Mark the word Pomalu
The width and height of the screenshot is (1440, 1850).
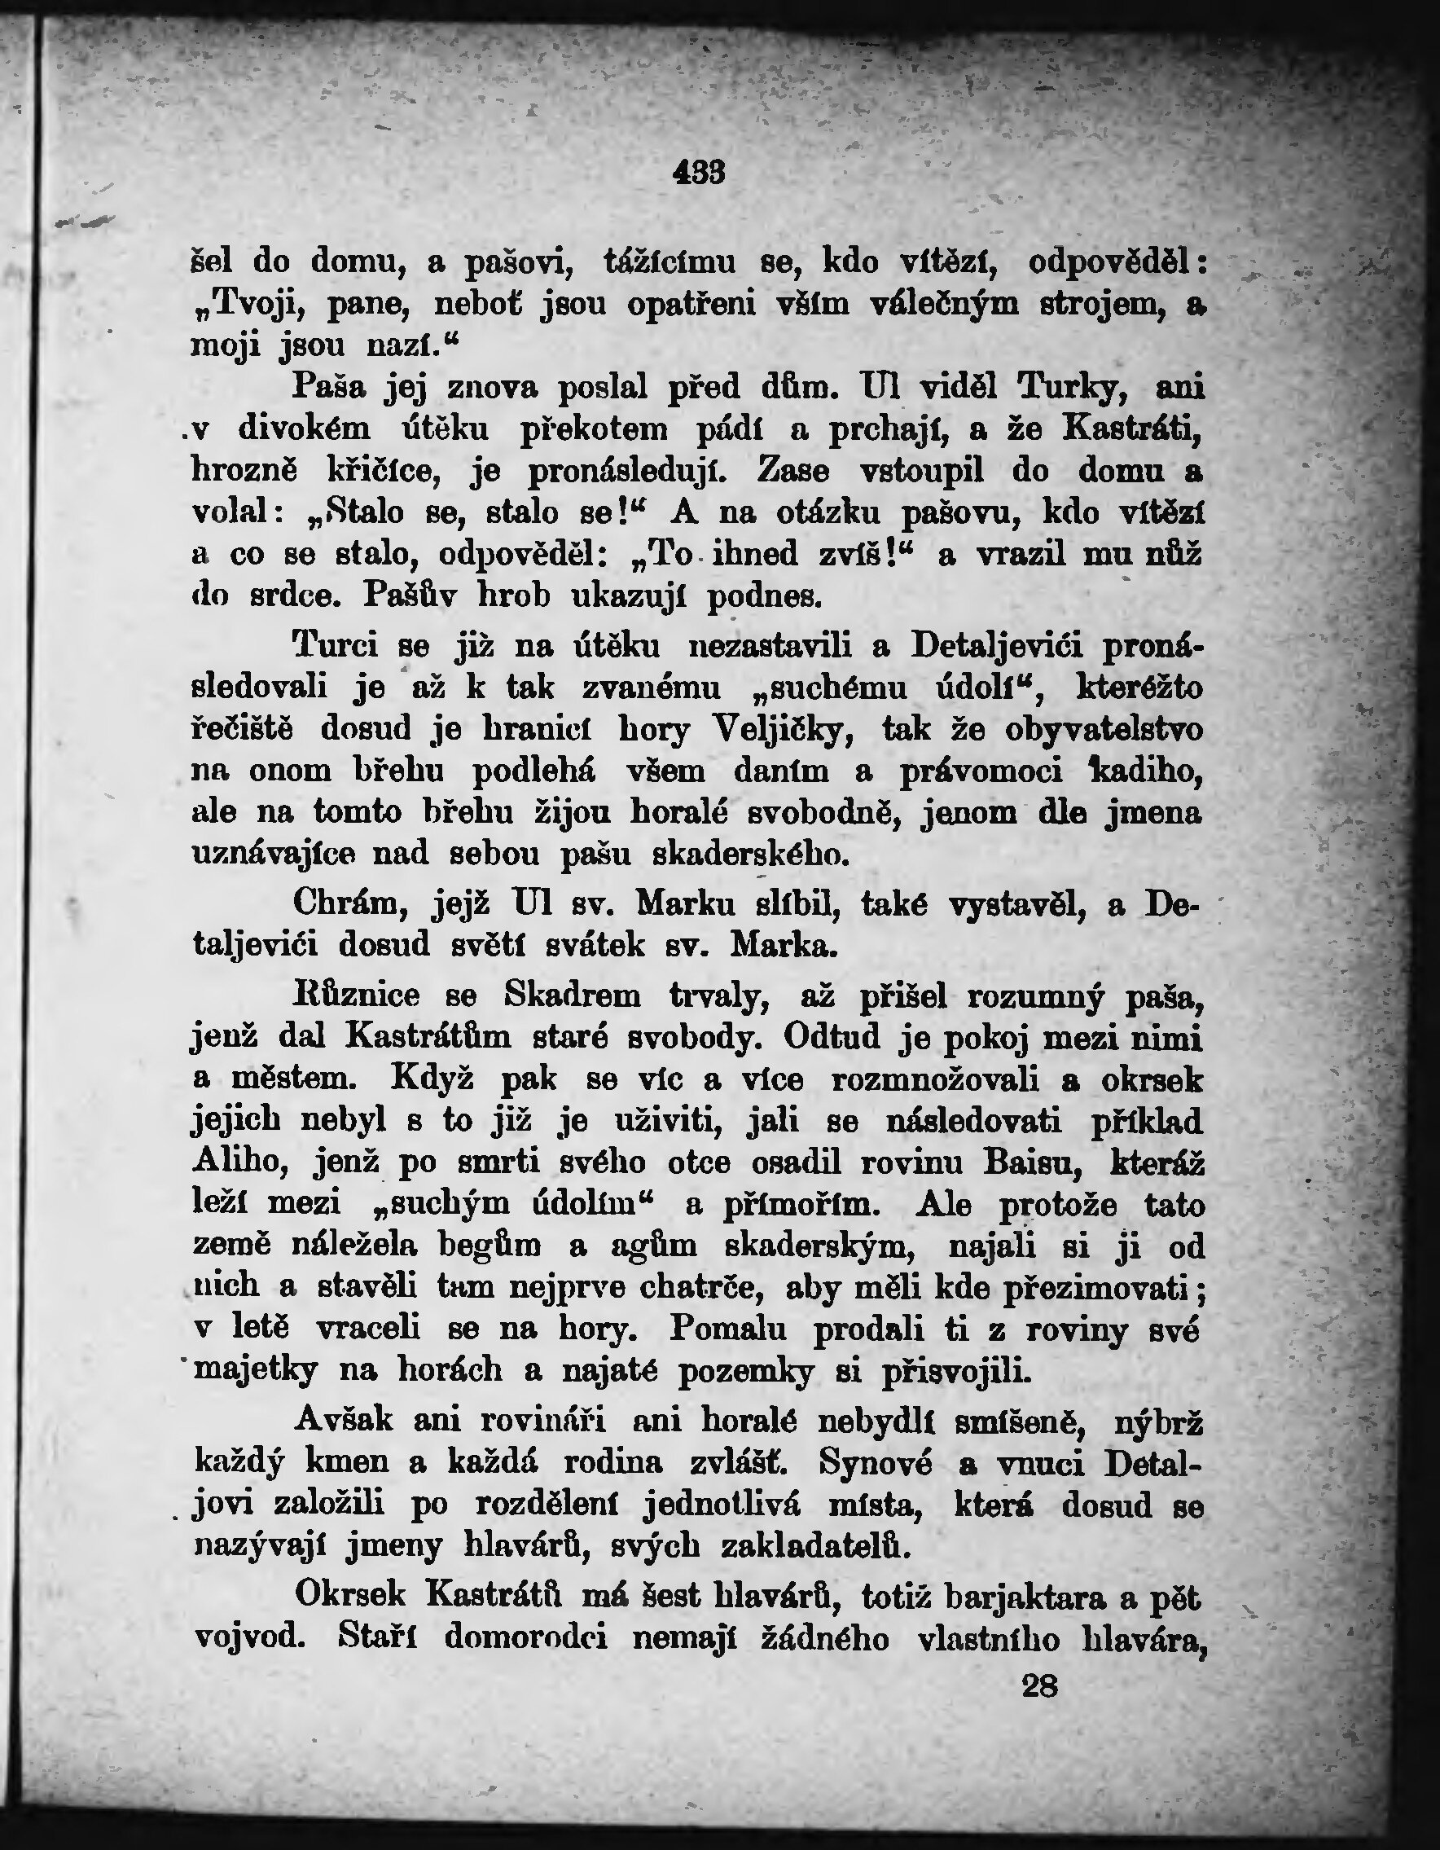pyautogui.click(x=728, y=1329)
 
